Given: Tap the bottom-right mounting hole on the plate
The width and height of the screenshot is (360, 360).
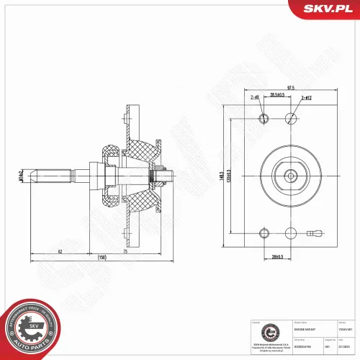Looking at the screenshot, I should (291, 233).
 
